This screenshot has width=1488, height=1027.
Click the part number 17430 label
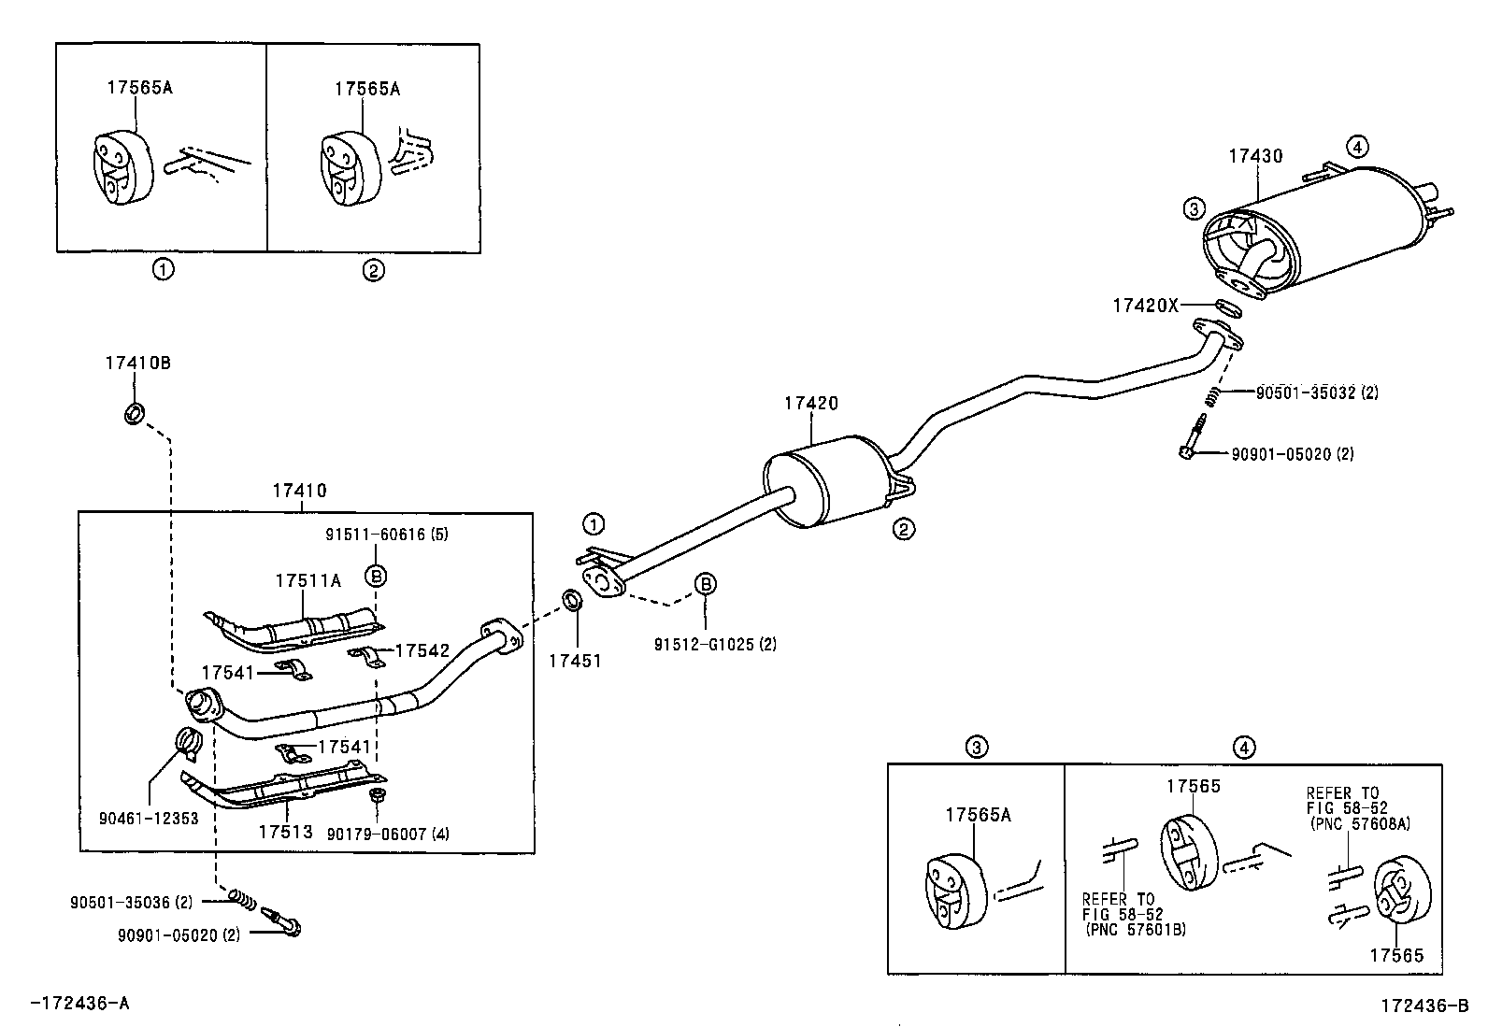(x=1255, y=157)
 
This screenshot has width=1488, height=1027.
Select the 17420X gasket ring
(x=1230, y=306)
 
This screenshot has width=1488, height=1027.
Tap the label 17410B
(x=137, y=363)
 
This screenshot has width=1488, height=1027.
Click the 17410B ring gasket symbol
(x=135, y=413)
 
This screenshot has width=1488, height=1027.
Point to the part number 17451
(x=575, y=661)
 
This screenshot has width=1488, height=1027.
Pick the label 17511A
(x=308, y=580)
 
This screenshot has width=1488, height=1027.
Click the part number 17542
(x=422, y=650)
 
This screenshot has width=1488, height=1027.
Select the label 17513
(x=285, y=831)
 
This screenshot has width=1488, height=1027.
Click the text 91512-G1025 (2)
(x=715, y=644)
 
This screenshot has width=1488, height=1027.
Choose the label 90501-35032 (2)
(x=1316, y=393)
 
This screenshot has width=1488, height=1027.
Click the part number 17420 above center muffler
(x=810, y=404)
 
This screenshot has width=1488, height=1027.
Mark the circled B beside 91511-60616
(x=376, y=576)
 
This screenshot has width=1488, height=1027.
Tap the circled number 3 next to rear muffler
(x=1193, y=209)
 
